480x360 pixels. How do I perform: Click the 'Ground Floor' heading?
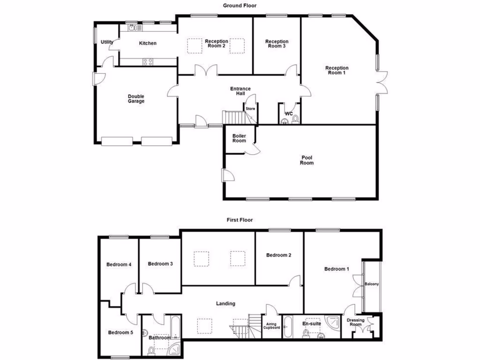(x=240, y=6)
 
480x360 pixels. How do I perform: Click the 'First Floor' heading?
(x=240, y=219)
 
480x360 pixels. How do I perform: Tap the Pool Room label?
(x=307, y=160)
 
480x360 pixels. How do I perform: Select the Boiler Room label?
(x=239, y=138)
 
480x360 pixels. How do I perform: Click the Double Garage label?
(x=136, y=99)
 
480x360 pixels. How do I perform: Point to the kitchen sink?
(x=133, y=28)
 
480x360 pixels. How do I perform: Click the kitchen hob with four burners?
(x=148, y=61)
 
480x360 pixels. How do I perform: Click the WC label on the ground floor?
(x=289, y=114)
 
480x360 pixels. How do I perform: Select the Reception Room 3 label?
(x=277, y=44)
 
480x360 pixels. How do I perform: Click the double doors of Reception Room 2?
(x=206, y=70)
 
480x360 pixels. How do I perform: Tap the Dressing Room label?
(x=355, y=322)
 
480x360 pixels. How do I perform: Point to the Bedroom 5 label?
(x=120, y=333)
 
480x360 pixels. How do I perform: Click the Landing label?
(x=225, y=304)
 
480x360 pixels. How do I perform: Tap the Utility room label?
(x=107, y=42)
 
